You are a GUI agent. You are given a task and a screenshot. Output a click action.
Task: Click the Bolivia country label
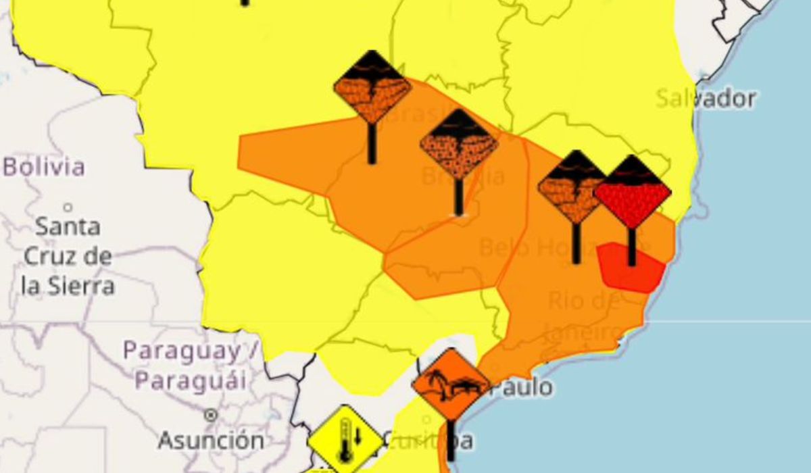(45, 167)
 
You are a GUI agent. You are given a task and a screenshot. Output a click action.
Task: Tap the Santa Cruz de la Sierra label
(68, 256)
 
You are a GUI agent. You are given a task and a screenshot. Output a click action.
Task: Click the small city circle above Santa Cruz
(68, 207)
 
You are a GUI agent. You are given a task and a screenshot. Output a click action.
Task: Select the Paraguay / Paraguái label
(190, 366)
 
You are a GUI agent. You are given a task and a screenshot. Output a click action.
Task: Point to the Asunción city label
(211, 441)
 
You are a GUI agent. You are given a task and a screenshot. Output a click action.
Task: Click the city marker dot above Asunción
(211, 415)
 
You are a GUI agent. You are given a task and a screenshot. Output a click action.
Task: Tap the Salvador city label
(706, 99)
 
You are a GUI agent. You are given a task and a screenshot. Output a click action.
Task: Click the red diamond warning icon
(633, 192)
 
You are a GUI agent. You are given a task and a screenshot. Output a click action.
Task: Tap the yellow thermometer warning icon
(346, 440)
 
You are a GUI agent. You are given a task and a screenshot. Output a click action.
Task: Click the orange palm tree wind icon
(451, 384)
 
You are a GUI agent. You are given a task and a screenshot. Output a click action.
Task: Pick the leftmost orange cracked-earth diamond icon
(372, 88)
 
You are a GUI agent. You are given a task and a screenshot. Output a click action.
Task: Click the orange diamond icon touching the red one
(571, 187)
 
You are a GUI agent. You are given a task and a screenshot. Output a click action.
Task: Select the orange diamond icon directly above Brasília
(459, 145)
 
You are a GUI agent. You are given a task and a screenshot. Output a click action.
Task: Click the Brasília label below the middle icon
(463, 177)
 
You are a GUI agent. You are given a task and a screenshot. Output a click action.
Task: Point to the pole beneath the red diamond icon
(631, 247)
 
